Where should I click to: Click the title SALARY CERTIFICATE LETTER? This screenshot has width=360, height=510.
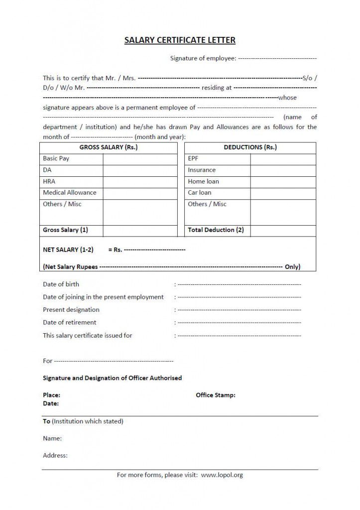180,40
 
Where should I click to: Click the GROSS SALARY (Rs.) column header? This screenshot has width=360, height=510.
108,147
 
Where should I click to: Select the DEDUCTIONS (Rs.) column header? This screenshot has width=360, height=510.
250,147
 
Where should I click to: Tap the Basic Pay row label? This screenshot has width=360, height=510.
56,158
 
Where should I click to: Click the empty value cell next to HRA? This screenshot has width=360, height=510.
140,182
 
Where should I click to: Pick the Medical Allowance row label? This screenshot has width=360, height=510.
70,193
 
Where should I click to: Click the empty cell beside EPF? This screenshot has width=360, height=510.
283,159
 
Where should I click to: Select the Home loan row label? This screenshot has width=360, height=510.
203,182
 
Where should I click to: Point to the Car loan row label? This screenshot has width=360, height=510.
199,193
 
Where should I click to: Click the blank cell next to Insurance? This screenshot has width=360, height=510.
283,170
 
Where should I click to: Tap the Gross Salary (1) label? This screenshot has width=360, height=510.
65,230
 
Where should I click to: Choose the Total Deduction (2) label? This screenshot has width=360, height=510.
216,230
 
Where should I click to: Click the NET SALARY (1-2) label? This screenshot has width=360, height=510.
68,250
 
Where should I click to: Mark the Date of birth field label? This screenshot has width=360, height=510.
61,284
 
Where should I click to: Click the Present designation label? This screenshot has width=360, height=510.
71,310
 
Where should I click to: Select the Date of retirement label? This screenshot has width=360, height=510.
70,323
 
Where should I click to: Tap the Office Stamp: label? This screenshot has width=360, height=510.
216,395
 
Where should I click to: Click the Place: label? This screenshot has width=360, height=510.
52,395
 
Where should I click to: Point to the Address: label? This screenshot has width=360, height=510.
55,455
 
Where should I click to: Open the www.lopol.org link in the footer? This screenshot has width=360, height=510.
222,475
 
